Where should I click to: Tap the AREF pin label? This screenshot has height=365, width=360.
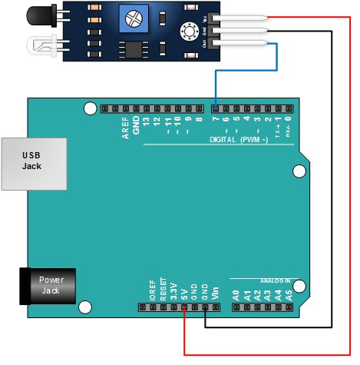coord(126,128)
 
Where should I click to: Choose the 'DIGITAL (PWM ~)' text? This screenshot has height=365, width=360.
coord(239,141)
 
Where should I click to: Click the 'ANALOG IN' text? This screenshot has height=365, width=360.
coord(275,281)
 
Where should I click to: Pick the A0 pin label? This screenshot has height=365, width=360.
coord(236,293)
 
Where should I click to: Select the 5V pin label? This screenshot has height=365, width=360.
coord(184,293)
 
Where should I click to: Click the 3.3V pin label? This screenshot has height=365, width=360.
coord(173,290)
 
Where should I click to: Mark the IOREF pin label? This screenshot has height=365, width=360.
coord(152,290)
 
